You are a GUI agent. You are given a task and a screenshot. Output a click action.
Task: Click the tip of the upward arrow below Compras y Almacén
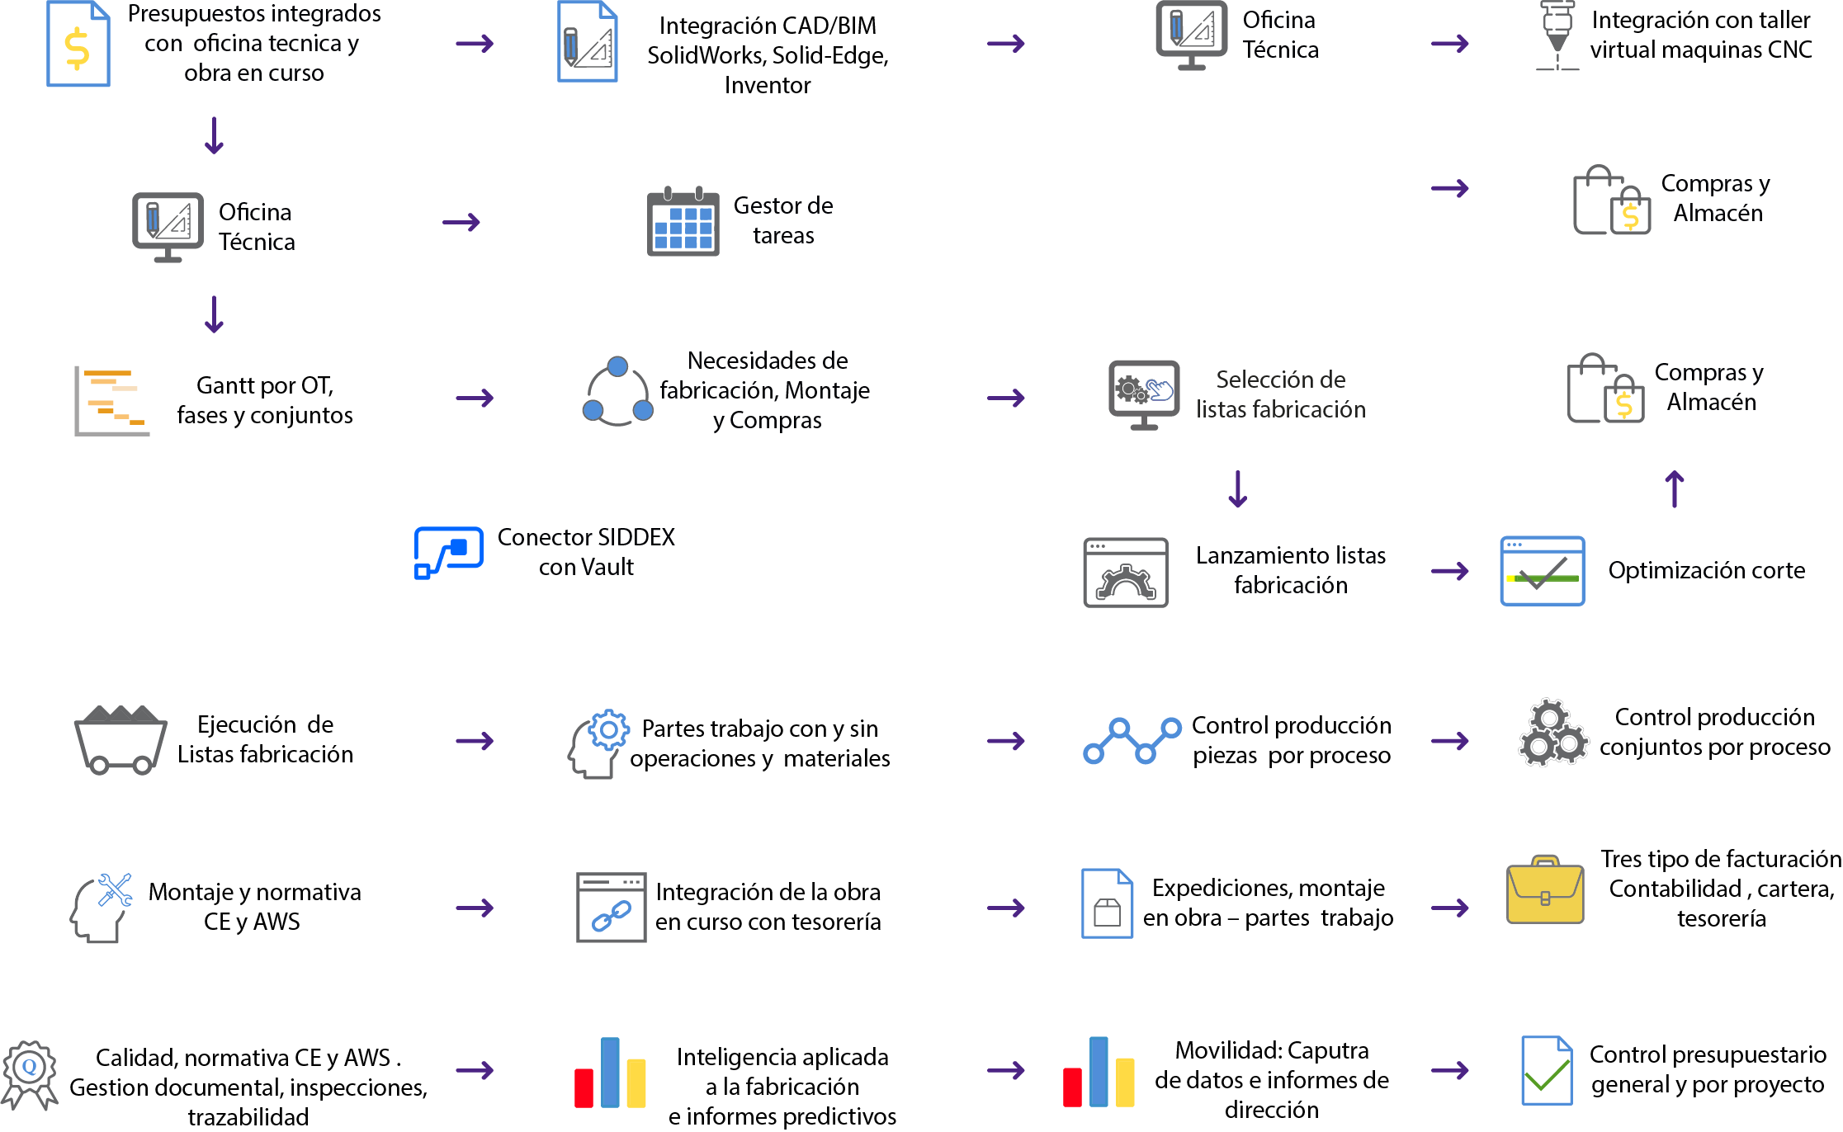pos(1674,472)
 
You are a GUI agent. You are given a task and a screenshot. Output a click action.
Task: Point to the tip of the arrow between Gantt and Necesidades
pos(494,399)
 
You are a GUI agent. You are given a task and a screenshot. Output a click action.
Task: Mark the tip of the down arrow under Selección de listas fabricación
pos(1237,507)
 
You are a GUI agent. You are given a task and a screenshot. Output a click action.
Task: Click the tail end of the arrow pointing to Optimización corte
pos(1432,571)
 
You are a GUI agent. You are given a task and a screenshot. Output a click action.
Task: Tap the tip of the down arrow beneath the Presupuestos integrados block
pos(214,153)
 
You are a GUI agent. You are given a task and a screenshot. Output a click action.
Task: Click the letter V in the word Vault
pos(579,568)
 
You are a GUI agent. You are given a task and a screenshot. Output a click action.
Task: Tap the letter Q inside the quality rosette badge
pos(30,1066)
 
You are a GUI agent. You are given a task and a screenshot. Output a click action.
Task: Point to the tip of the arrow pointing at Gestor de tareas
pos(480,222)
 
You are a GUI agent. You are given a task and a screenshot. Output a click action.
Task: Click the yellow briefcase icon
pos(1545,889)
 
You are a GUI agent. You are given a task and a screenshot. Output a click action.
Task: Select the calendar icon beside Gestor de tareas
pos(683,221)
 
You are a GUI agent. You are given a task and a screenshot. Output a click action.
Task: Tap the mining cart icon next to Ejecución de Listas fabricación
pos(121,739)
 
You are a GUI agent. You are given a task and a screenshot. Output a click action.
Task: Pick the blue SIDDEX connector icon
pos(448,553)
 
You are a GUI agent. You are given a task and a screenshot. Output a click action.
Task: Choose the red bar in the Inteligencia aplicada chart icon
pos(584,1087)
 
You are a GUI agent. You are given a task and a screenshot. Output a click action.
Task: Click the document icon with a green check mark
pos(1547,1070)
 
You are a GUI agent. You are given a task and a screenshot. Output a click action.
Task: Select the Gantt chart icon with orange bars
pos(112,402)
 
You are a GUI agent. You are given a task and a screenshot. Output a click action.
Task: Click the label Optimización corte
pos(1707,570)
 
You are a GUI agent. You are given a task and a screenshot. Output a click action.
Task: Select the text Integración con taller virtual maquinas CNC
pos(1701,35)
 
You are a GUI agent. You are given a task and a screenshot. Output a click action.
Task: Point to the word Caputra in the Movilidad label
pos(1328,1050)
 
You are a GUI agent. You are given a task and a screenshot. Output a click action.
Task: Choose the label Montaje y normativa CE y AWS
pos(254,907)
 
